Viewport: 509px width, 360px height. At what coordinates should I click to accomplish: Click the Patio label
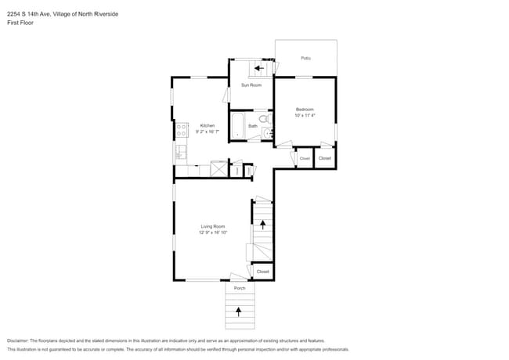(x=305, y=58)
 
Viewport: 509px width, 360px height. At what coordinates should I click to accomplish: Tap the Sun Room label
(x=251, y=85)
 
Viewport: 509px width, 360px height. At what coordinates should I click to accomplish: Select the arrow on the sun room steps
(x=259, y=68)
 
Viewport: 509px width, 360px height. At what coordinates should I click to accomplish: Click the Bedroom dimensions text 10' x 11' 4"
(x=305, y=116)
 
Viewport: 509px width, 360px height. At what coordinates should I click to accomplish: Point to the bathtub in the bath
(x=237, y=125)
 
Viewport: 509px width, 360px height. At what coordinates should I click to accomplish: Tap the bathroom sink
(x=267, y=134)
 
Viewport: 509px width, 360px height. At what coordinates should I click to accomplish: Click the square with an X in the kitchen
(x=218, y=169)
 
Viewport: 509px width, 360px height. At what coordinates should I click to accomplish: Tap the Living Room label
(x=212, y=226)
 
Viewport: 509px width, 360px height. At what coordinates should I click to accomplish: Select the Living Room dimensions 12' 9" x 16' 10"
(x=212, y=232)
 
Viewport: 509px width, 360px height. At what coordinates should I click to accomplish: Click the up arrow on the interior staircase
(x=262, y=225)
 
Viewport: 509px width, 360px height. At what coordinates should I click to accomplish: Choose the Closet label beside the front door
(x=262, y=272)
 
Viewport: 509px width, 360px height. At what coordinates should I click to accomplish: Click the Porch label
(x=240, y=288)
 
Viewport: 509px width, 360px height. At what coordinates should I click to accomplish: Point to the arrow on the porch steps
(x=240, y=311)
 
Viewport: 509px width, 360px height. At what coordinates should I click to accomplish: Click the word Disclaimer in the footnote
(x=20, y=341)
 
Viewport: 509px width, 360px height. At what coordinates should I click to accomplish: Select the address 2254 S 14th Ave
(x=29, y=13)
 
